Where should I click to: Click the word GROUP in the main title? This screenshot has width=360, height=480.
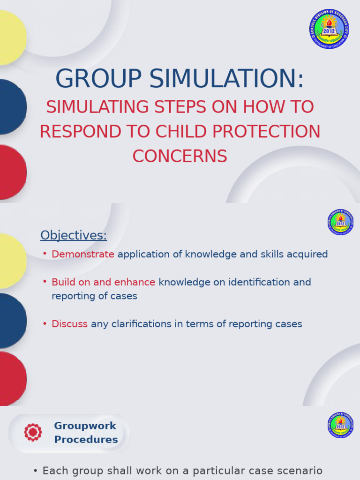[x=98, y=79]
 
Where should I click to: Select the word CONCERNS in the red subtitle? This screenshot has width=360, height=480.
[x=180, y=156]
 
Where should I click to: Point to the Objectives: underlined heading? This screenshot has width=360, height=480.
[x=74, y=235]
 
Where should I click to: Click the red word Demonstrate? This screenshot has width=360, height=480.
[x=83, y=254]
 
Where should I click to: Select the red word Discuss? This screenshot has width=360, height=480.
[x=69, y=324]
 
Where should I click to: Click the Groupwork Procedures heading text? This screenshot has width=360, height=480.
[x=86, y=433]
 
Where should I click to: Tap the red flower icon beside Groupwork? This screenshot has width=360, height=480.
[x=33, y=432]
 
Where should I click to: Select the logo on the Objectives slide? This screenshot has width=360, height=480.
[x=340, y=222]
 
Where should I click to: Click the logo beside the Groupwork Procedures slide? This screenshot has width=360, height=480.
[x=340, y=425]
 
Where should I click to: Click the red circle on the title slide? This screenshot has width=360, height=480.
[x=11, y=172]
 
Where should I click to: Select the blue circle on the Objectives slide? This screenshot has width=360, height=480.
[x=11, y=321]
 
